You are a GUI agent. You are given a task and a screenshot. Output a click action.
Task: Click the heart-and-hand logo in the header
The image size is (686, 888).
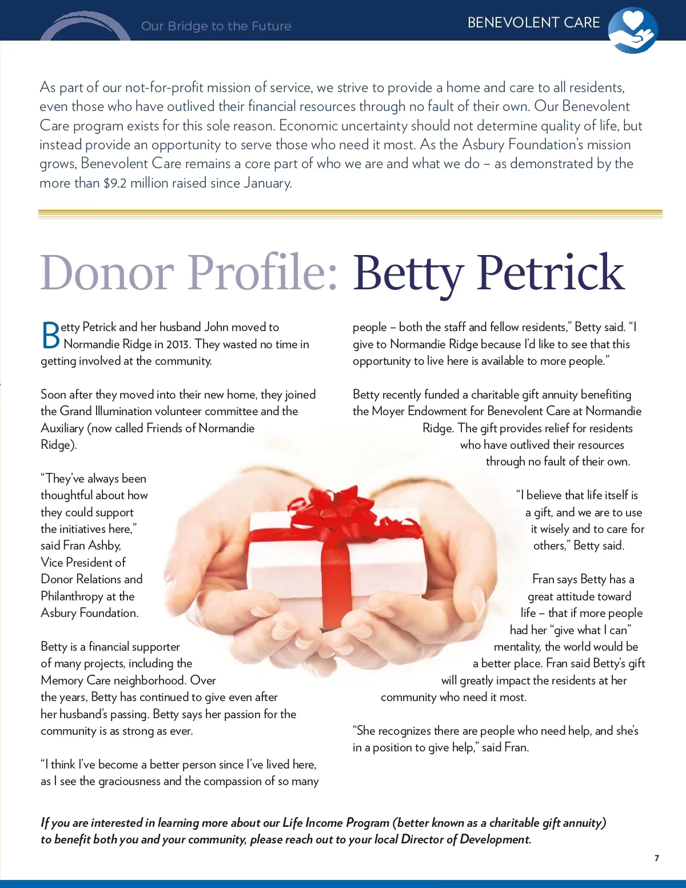coord(632,30)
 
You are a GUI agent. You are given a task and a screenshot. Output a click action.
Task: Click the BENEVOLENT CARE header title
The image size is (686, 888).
coord(533,23)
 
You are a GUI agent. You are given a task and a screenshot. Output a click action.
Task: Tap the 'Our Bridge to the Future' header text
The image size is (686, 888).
coord(216,26)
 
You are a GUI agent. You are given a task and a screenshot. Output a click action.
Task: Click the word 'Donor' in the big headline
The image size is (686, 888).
coord(107,272)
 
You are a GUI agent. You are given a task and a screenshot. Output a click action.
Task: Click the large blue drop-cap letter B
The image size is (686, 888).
coord(51,336)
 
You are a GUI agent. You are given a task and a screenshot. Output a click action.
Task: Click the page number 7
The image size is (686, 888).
coord(657,858)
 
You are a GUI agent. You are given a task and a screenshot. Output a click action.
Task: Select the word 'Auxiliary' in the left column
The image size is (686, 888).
coord(62,428)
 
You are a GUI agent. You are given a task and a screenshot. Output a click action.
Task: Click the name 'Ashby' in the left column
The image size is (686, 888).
coord(104,545)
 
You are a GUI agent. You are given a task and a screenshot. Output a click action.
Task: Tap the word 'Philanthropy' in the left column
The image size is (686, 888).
coord(71,596)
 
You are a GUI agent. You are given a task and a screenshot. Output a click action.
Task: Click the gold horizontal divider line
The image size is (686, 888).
coord(350,214)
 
